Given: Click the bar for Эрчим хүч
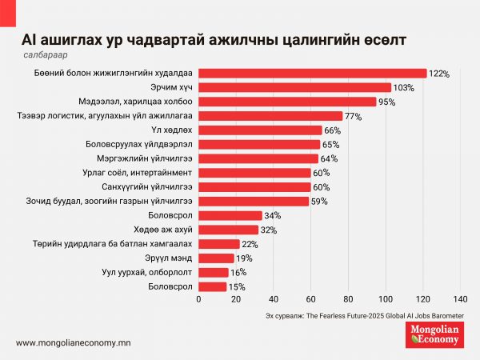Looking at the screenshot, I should [294, 87].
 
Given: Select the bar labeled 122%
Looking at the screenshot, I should [312, 73].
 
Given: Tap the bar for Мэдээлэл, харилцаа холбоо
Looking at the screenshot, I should [287, 102].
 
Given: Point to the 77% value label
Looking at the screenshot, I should [353, 116].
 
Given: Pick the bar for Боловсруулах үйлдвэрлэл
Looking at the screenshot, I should [259, 144].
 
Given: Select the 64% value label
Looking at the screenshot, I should [328, 158].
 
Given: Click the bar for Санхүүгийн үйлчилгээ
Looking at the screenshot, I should [254, 186].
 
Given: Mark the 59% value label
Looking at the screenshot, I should [319, 201].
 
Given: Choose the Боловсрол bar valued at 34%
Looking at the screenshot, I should [230, 215].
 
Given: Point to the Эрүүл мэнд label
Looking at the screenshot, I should [171, 258].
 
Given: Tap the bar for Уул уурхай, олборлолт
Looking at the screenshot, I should [214, 272].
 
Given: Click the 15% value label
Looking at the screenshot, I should [238, 286].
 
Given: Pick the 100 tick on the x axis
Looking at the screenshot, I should [386, 299].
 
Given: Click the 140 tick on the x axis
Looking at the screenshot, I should [460, 299].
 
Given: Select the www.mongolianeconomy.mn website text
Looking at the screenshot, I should [74, 342].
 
